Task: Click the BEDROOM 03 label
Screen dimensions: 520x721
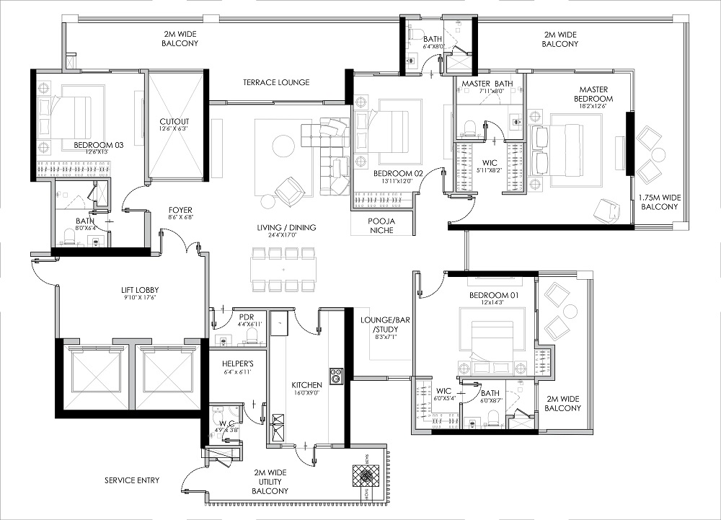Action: coord(99,145)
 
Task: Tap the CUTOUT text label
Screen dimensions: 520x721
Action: coord(174,122)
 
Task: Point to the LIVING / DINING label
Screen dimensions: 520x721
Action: coord(286,228)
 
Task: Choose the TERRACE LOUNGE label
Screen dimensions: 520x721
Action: coord(276,82)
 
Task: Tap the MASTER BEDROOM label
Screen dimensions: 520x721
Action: coord(593,94)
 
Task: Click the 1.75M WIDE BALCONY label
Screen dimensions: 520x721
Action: coord(658,201)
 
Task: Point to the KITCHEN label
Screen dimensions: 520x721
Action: coord(306,385)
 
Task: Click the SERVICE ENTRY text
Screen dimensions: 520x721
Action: coord(132,480)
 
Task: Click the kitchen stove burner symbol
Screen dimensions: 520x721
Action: coord(336,375)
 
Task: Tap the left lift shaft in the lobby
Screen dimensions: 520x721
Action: coord(94,377)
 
